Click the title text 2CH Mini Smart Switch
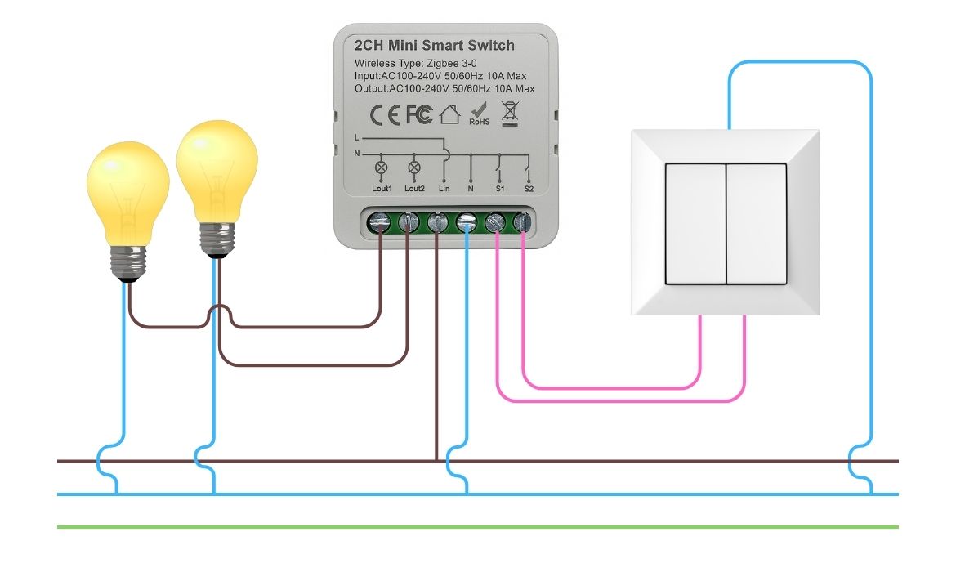pyautogui.click(x=435, y=46)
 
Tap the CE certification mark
pyautogui.click(x=384, y=115)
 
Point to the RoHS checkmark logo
pyautogui.click(x=479, y=112)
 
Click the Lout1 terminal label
pyautogui.click(x=382, y=189)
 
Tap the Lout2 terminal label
pyautogui.click(x=414, y=189)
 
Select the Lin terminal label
pyautogui.click(x=444, y=189)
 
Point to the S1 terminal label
pyautogui.click(x=499, y=189)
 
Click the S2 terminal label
pyautogui.click(x=529, y=189)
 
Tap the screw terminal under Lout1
pyautogui.click(x=379, y=221)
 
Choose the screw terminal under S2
pyautogui.click(x=521, y=221)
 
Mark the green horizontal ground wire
pyautogui.click(x=478, y=526)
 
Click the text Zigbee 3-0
pyautogui.click(x=454, y=64)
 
